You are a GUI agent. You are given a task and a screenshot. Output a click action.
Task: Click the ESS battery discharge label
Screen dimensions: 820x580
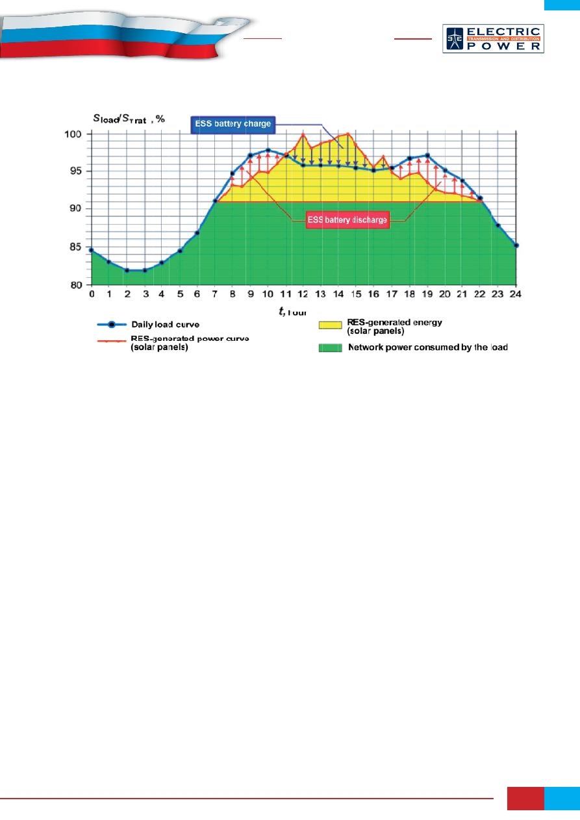coord(347,220)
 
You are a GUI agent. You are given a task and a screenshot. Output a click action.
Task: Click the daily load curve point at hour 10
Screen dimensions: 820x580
coord(268,150)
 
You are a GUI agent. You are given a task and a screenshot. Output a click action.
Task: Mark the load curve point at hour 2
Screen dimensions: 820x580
coord(127,270)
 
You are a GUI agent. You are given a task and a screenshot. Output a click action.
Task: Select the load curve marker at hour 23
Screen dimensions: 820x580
coord(498,225)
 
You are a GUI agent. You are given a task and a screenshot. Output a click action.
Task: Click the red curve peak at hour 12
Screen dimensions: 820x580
coord(303,134)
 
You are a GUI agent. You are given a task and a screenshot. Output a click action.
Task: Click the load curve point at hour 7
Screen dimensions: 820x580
coord(215,201)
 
